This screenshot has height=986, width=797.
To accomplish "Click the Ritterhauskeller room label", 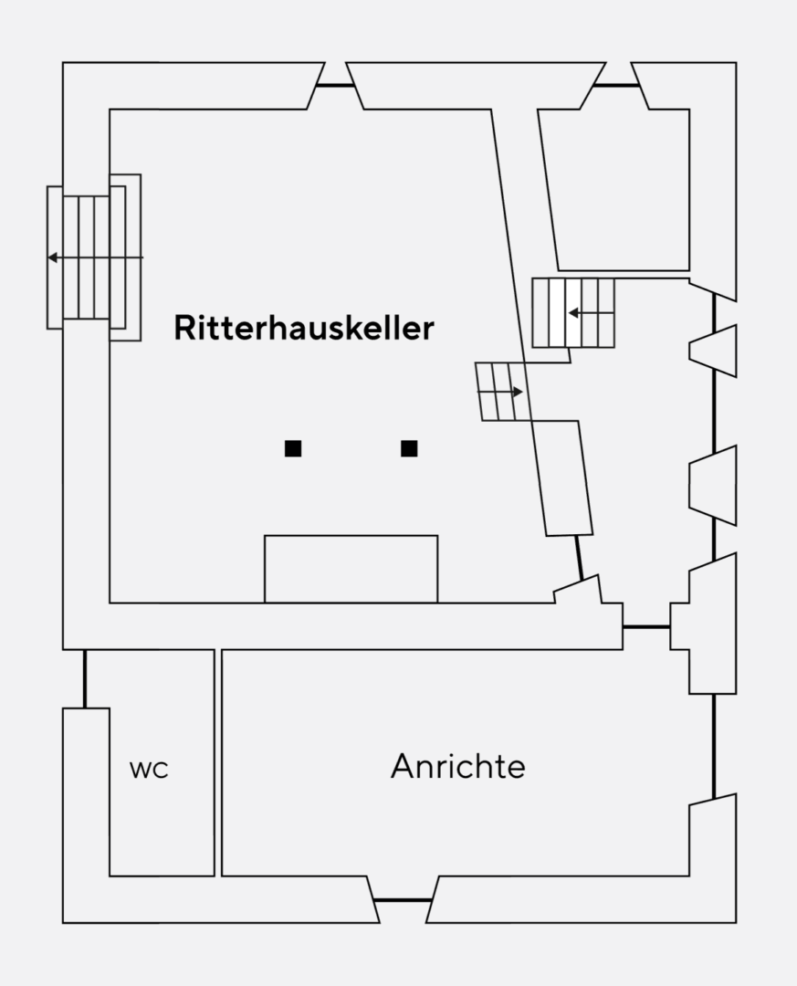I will point(303,328).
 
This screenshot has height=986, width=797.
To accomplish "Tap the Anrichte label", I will point(457,766).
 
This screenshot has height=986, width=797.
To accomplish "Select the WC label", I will point(149,770).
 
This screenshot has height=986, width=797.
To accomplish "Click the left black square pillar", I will point(293,448).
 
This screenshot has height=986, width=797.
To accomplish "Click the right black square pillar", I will point(409,448).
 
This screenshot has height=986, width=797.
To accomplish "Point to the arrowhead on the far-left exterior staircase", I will point(53,257).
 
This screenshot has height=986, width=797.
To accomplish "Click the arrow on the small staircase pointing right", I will point(517,392).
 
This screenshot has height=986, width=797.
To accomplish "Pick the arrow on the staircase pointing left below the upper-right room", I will point(574,313).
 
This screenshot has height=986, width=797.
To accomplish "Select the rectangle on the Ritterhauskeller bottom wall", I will point(351,569).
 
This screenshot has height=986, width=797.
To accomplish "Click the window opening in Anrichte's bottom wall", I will point(403,900).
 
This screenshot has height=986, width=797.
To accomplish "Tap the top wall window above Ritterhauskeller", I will point(335,86).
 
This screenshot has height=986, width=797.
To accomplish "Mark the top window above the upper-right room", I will point(617,86).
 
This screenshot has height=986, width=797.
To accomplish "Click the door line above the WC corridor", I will point(85,678).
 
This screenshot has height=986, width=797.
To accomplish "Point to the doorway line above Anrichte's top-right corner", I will point(646,627).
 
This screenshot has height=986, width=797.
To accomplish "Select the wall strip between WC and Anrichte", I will point(218,762).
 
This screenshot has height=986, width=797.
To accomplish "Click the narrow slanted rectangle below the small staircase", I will point(561,477).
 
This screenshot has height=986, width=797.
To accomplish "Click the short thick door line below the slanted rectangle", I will point(578,557).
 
